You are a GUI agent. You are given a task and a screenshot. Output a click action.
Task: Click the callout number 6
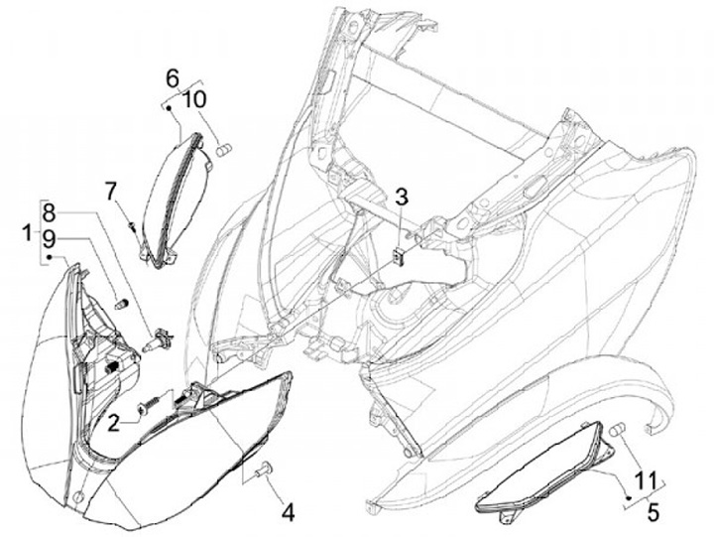pos(171,76)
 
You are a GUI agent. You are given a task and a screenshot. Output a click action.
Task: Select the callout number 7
pos(111,189)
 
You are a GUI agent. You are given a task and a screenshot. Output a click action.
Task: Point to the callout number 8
pos(50,211)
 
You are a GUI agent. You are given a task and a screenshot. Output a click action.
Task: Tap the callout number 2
pos(114,423)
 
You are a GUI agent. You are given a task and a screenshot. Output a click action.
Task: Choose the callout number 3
pos(400,195)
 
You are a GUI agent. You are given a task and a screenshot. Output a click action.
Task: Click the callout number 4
pos(288,512)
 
